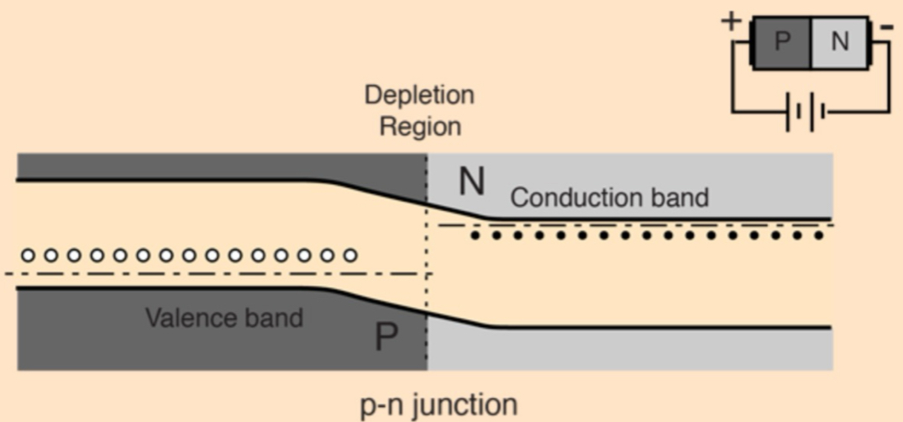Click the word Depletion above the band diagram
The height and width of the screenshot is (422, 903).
419,94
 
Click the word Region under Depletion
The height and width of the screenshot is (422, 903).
420,126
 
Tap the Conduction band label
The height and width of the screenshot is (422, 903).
609,198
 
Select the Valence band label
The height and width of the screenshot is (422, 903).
224,318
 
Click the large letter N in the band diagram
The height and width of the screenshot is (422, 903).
471,182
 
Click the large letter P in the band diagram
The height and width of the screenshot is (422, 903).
386,338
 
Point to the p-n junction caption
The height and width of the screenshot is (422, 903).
438,404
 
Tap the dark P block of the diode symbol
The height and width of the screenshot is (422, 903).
781,41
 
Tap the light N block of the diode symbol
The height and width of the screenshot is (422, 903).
839,41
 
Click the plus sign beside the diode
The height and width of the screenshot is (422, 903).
732,20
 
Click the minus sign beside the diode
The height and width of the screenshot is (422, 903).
886,27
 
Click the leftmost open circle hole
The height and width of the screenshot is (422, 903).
28,255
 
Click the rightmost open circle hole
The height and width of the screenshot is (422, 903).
350,255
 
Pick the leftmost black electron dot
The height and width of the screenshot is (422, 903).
475,236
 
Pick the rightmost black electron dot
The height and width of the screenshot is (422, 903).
820,236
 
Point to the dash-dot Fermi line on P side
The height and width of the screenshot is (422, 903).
210,274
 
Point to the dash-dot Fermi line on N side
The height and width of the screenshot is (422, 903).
638,225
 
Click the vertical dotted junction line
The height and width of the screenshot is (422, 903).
428,252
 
